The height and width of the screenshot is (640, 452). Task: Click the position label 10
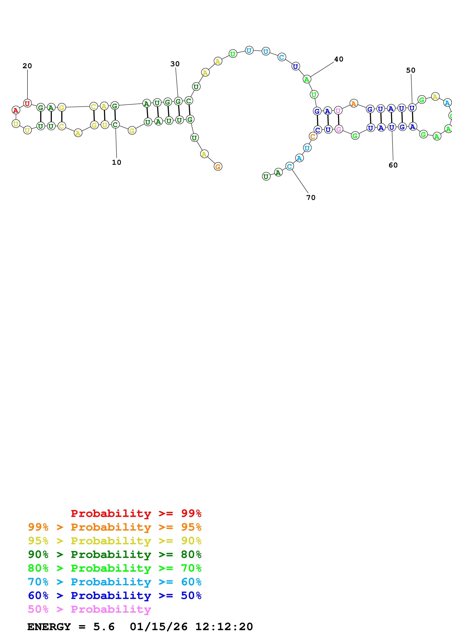[x=116, y=162]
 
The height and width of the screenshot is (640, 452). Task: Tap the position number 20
[x=27, y=66]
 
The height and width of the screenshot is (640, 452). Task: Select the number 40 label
[x=339, y=59]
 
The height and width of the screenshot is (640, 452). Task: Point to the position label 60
[x=393, y=165]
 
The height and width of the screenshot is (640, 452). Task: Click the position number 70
[x=311, y=197]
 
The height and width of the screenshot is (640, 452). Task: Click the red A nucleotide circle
[x=16, y=110]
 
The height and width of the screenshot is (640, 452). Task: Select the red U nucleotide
[x=27, y=103]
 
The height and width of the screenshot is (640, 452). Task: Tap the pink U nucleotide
[x=338, y=111]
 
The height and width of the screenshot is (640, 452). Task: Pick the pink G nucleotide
[x=339, y=129]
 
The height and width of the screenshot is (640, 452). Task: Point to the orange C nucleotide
[x=313, y=136]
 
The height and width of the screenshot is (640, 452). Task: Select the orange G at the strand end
[x=218, y=167]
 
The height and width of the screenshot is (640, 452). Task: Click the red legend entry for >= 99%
[x=136, y=513]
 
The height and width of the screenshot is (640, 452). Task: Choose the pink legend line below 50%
[x=89, y=609]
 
